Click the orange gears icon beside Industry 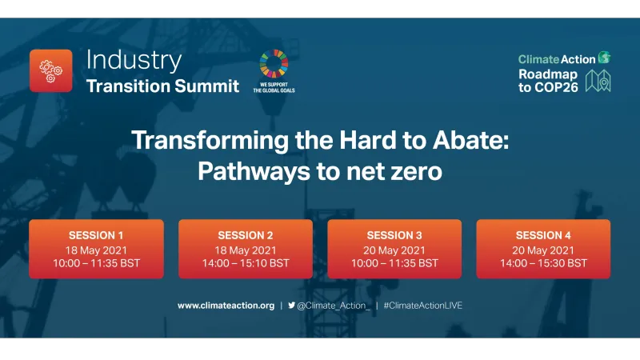(50, 70)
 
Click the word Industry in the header (134, 60)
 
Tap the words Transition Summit (162, 86)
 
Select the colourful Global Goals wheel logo (274, 63)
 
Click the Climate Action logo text (557, 58)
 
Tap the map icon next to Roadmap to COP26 (598, 81)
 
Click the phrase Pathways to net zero (320, 171)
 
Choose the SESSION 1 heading (96, 235)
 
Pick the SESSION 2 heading (245, 235)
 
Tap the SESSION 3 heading (394, 235)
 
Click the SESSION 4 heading (543, 235)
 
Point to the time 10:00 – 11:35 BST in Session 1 (96, 262)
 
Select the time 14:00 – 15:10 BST (245, 262)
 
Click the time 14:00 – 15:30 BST (543, 262)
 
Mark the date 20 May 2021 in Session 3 (394, 249)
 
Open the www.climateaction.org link (226, 306)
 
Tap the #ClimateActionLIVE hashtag (422, 306)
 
